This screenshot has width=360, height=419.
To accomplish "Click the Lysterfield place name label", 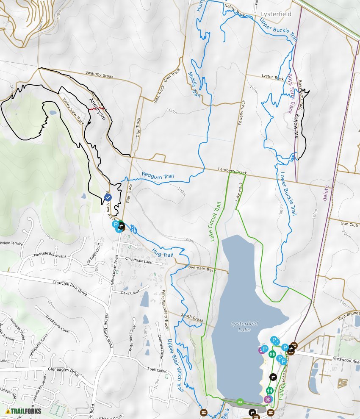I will pyautogui.click(x=276, y=14).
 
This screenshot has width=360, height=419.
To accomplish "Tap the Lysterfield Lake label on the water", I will pyautogui.click(x=244, y=327).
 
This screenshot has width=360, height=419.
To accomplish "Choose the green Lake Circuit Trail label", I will pyautogui.click(x=216, y=222).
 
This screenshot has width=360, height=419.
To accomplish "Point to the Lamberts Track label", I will pyautogui.click(x=232, y=172).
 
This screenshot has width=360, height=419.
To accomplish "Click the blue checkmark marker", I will pyautogui.click(x=108, y=197).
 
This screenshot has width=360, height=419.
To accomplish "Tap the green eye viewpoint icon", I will pyautogui.click(x=240, y=401).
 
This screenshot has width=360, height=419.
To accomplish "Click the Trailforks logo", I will pyautogui.click(x=23, y=411).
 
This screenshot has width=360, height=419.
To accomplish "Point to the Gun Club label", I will pyautogui.click(x=349, y=224).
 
